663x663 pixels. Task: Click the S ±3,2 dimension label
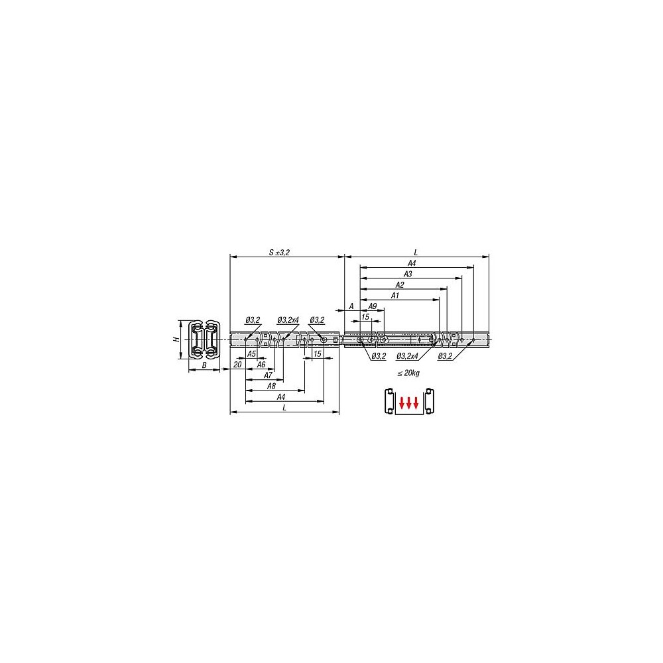(x=280, y=253)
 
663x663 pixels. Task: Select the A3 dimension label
(x=408, y=274)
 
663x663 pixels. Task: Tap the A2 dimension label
(x=400, y=285)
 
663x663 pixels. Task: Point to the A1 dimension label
(x=395, y=296)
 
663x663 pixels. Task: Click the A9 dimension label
(x=372, y=306)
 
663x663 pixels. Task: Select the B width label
(x=204, y=365)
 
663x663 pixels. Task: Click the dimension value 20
(x=237, y=365)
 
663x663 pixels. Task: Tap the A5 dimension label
(x=251, y=354)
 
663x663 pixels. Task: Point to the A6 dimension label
(x=261, y=365)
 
